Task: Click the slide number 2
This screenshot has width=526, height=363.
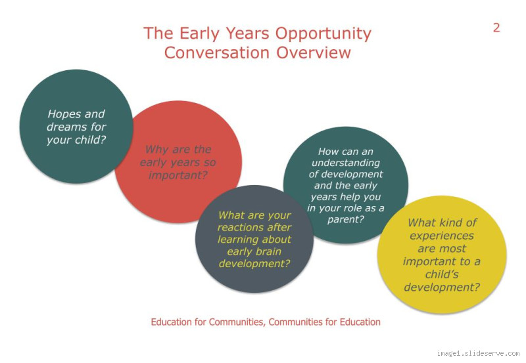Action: [x=496, y=28]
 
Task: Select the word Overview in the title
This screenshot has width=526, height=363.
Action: [x=313, y=53]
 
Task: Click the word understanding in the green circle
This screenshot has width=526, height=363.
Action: [x=345, y=163]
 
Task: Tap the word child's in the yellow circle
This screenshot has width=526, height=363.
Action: [x=441, y=274]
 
